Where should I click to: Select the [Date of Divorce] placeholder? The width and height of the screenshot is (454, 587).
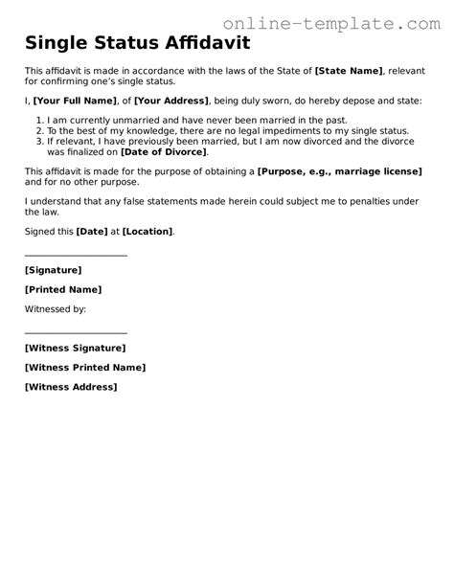[x=163, y=151]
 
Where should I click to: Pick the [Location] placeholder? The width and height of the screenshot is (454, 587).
[x=148, y=232]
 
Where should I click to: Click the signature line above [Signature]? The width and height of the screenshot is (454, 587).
[x=76, y=256]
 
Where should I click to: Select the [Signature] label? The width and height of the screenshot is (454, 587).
[x=54, y=271]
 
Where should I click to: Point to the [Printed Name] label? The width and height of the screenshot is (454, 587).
[x=62, y=290]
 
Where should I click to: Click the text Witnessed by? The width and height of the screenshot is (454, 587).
[x=56, y=309]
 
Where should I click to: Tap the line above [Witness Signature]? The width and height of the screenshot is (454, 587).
[x=76, y=333]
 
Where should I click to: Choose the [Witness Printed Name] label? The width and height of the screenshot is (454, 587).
[x=84, y=368]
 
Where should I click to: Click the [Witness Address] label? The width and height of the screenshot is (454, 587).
[x=71, y=387]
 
